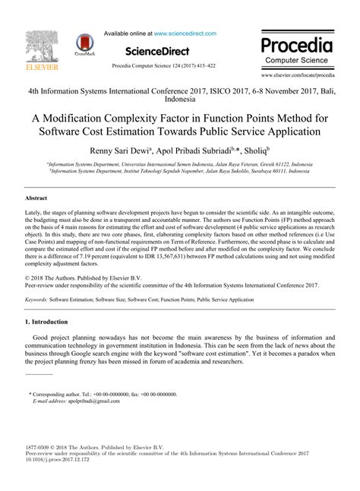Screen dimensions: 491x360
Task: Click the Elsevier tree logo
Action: pyautogui.click(x=35, y=46)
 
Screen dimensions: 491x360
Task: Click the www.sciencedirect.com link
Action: pyautogui.click(x=185, y=33)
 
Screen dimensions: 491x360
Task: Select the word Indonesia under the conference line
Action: pyautogui.click(x=179, y=98)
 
